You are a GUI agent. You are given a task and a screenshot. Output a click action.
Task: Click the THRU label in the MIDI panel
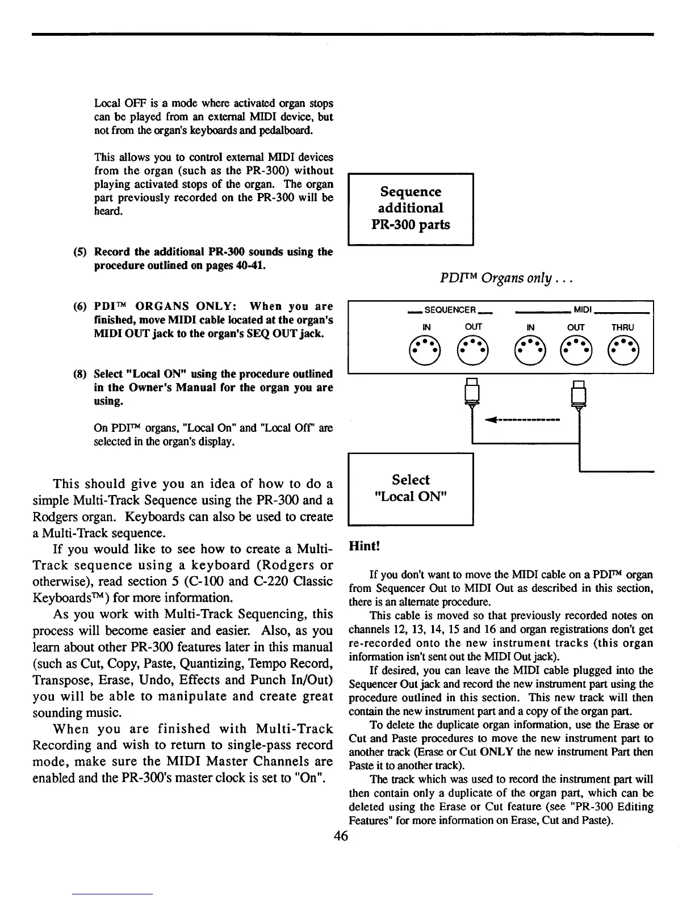coord(623,327)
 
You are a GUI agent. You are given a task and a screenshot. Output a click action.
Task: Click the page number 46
coord(341,836)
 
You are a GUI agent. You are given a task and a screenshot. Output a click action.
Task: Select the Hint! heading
coord(364,546)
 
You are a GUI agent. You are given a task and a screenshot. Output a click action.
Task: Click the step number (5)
coord(81,251)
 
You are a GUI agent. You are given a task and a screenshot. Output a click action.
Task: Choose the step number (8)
coord(81,374)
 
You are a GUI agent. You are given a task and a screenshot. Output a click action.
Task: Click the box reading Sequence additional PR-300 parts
coord(411,208)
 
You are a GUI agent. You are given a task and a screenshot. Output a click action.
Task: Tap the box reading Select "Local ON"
coord(411,489)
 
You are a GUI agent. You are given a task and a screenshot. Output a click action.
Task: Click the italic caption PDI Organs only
coord(499,279)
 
